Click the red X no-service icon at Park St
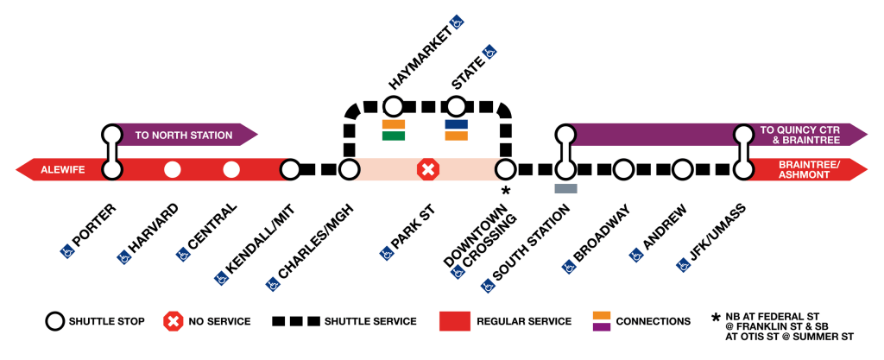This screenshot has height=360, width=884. pos(427,169)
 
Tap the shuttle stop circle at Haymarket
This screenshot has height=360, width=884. pos(393,107)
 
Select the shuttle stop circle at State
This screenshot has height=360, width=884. pos(456,107)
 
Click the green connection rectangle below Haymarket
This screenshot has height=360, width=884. pos(394,136)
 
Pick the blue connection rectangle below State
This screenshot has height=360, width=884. pos(456,124)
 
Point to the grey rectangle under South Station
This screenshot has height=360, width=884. pos(565,188)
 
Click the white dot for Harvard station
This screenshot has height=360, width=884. pos(173,169)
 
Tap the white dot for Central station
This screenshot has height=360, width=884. pos(230,169)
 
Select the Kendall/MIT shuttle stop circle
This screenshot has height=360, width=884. pos(290,169)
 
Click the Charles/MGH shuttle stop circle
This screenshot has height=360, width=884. pos(349,169)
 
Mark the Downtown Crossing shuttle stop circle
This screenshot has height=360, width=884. pos(505,169)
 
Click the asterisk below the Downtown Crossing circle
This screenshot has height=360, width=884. pos(506,191)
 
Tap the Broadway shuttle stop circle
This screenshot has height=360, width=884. pos(624,169)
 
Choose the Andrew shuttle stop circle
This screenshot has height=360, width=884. pos(683,169)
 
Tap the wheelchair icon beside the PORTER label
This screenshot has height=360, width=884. pos(66,252)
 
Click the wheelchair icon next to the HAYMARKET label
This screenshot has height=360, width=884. pos(458,22)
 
